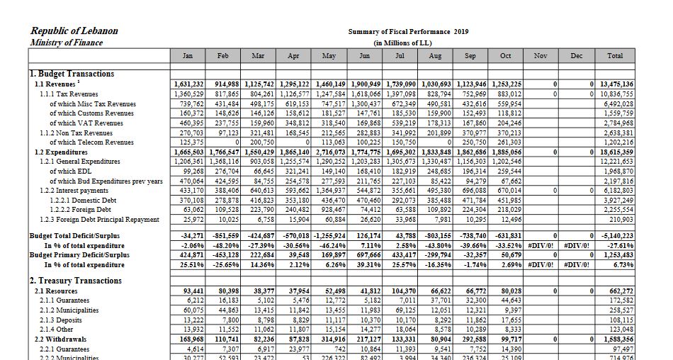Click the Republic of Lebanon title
74,31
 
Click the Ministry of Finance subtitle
67,43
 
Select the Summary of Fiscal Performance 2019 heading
408,32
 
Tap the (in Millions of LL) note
403,43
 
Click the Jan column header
188,55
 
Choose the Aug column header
435,55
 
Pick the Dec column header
577,55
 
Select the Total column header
616,55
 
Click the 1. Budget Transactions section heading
72,74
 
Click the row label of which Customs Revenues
91,113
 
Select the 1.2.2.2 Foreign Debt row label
81,210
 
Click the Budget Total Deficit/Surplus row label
74,235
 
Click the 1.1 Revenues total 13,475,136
616,84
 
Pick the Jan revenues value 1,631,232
188,84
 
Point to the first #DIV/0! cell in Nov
542,245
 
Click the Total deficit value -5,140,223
618,235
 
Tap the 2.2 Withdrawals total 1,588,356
618,339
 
